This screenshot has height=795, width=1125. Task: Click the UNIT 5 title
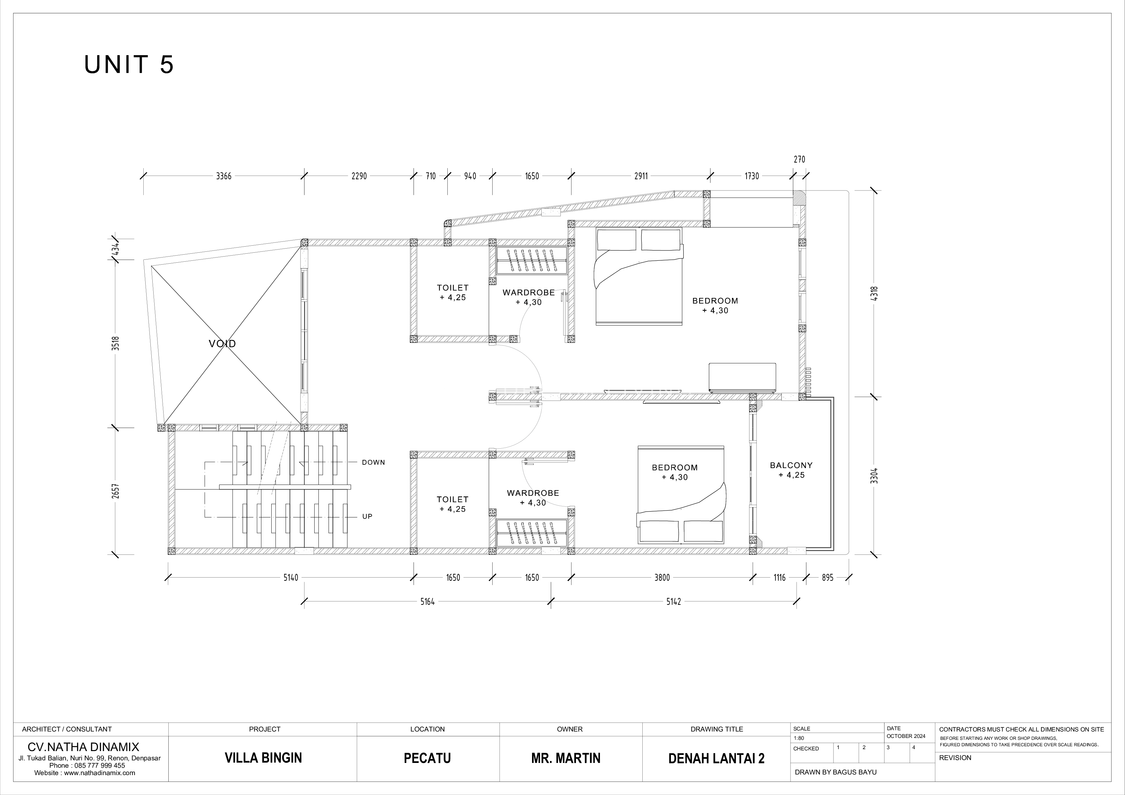[129, 65]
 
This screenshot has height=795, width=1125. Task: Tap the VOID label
[223, 344]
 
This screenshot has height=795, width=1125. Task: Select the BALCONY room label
[791, 465]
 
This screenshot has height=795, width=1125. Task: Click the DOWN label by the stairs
[373, 462]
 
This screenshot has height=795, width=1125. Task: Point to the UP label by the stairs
[368, 516]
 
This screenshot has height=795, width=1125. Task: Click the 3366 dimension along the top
[224, 176]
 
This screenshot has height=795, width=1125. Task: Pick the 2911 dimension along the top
[641, 176]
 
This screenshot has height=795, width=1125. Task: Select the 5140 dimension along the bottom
[291, 578]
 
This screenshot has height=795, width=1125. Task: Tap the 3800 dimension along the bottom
[662, 578]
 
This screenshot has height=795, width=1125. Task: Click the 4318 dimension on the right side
[875, 293]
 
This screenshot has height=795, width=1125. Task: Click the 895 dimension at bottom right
[828, 578]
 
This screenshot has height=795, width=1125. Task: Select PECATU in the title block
[427, 758]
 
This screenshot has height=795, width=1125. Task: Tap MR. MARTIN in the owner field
[566, 758]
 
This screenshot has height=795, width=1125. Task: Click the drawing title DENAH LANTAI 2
[716, 759]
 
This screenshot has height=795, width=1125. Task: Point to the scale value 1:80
[799, 738]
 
